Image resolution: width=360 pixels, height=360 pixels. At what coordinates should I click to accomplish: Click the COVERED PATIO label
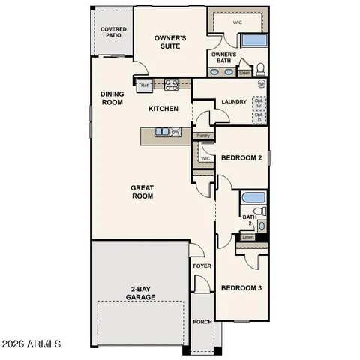(113, 32)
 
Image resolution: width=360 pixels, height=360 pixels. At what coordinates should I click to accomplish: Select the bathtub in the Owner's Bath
(253, 42)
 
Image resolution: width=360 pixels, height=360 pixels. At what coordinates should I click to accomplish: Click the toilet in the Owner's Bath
(260, 69)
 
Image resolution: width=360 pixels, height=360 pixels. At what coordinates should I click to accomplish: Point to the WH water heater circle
(262, 84)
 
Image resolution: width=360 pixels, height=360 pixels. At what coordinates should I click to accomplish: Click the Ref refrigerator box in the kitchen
(145, 85)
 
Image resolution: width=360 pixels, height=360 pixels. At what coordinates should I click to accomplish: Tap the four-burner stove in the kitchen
(170, 85)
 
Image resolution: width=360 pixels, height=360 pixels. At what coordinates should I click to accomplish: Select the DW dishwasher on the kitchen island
(175, 133)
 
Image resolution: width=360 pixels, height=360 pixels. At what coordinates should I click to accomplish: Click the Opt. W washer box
(259, 103)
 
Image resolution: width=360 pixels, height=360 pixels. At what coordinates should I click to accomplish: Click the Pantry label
(202, 136)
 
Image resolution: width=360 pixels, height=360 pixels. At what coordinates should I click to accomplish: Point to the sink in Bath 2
(261, 225)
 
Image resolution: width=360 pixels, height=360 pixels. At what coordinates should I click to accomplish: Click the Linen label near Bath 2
(248, 238)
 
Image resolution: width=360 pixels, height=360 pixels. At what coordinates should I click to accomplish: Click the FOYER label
(202, 266)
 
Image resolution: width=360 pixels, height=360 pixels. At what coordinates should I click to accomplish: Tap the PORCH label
(202, 322)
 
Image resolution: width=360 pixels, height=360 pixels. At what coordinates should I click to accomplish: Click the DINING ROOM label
(112, 98)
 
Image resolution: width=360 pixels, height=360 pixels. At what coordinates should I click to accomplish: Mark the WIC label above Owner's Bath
(238, 22)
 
